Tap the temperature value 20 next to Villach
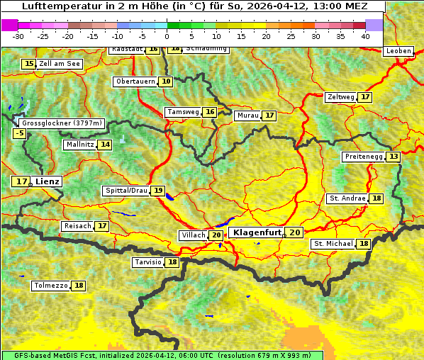(216, 235)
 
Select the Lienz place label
(48, 181)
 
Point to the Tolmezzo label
(51, 286)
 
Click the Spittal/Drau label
(126, 191)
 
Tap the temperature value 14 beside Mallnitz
(105, 145)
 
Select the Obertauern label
(135, 81)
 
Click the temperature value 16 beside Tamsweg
(210, 112)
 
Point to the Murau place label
(247, 116)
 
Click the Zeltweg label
(340, 97)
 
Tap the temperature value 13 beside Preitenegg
(393, 157)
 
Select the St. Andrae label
(347, 198)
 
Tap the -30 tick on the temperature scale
(18, 36)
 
